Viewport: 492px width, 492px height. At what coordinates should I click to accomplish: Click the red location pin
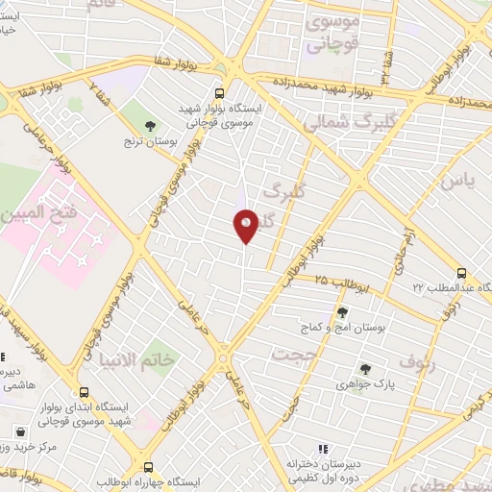pyautogui.click(x=246, y=224)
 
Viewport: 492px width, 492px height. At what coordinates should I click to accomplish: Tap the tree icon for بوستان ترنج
pyautogui.click(x=150, y=124)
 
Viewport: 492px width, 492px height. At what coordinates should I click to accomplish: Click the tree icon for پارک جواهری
pyautogui.click(x=364, y=368)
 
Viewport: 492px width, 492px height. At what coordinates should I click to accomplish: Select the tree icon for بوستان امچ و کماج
pyautogui.click(x=342, y=311)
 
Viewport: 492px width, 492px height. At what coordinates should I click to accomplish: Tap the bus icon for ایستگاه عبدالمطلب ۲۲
pyautogui.click(x=461, y=272)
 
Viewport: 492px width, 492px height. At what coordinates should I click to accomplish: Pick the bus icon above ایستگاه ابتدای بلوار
pyautogui.click(x=85, y=392)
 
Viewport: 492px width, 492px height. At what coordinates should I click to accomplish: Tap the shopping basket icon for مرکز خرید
pyautogui.click(x=19, y=430)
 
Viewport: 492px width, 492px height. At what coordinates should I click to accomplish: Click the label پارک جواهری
pyautogui.click(x=364, y=384)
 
